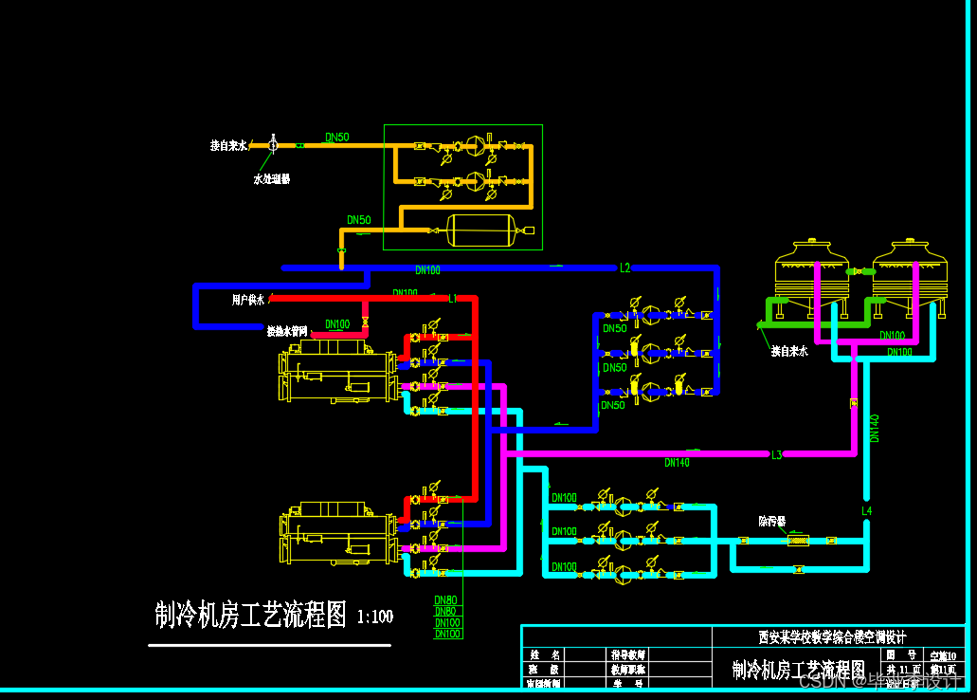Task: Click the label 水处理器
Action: pyautogui.click(x=272, y=178)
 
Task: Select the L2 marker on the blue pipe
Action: pyautogui.click(x=624, y=268)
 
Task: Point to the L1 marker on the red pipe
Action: pyautogui.click(x=453, y=299)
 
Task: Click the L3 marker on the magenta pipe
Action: pyautogui.click(x=776, y=454)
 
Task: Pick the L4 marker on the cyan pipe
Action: pyautogui.click(x=866, y=511)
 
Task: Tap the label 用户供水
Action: pyautogui.click(x=249, y=300)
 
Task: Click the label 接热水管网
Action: pyautogui.click(x=287, y=332)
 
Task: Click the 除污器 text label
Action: pyautogui.click(x=772, y=521)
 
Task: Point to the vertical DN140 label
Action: pyautogui.click(x=875, y=428)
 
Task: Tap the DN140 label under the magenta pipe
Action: pyautogui.click(x=677, y=464)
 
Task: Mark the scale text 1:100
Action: pyautogui.click(x=375, y=617)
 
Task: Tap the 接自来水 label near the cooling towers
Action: pyautogui.click(x=789, y=351)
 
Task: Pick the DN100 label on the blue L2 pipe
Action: pyautogui.click(x=427, y=270)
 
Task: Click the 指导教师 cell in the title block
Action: pyautogui.click(x=627, y=654)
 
